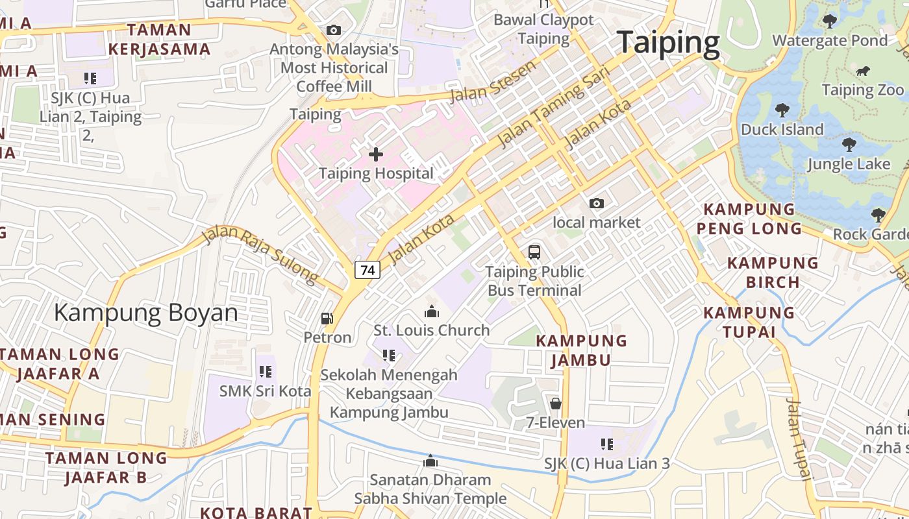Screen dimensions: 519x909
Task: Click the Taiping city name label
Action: tap(668, 43)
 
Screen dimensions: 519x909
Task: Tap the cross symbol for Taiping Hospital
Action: tap(376, 154)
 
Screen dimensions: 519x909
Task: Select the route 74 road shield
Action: tap(367, 270)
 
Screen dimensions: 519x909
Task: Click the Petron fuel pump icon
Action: tap(327, 319)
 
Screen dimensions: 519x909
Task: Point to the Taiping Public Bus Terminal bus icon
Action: tap(534, 252)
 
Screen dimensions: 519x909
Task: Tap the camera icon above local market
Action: tap(596, 204)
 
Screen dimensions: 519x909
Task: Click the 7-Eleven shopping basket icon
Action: tap(556, 404)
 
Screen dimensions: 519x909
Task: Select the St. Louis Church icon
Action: tap(431, 311)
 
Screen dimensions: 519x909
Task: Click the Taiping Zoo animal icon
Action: tap(863, 71)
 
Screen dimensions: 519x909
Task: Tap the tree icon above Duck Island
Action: tap(782, 110)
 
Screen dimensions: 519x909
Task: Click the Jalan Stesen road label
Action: tap(493, 81)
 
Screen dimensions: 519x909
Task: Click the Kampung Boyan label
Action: tap(146, 313)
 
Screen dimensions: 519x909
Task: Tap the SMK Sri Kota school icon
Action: tap(265, 372)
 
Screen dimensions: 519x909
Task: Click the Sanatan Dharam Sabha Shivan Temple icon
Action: tap(430, 461)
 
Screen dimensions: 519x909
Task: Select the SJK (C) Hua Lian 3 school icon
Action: tap(607, 444)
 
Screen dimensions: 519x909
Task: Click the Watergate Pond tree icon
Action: tap(829, 21)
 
